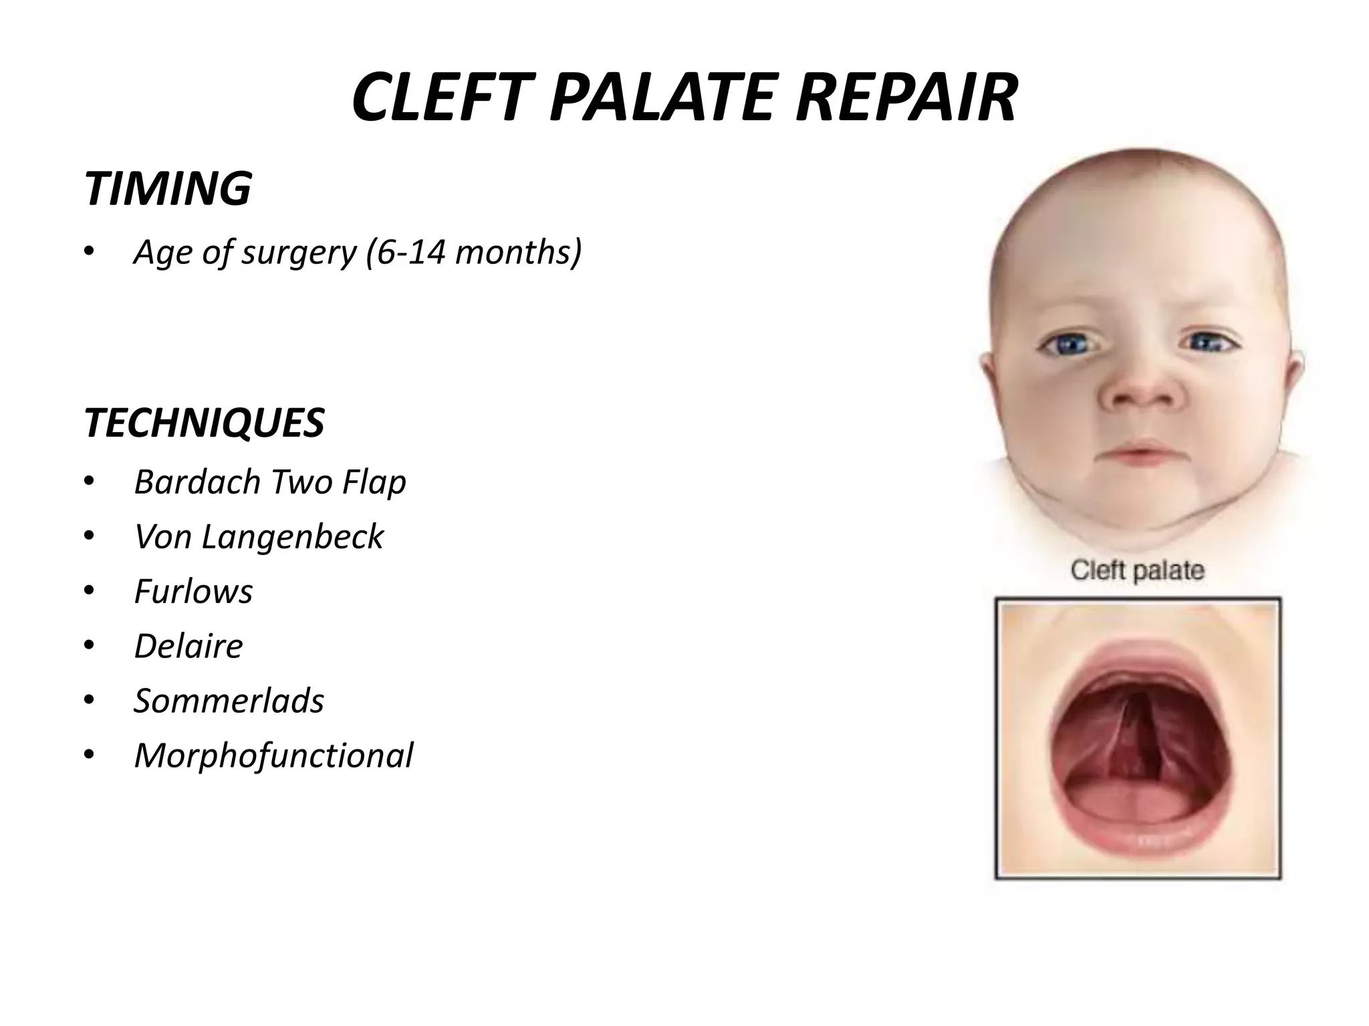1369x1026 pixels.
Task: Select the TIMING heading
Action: pos(167,188)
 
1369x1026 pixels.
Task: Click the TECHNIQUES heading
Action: pos(204,423)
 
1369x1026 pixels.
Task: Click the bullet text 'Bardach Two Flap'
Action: pos(270,482)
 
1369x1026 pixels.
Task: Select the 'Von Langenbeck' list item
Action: pos(259,536)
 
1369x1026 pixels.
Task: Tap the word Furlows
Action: pos(193,591)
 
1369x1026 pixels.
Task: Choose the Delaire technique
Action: pos(189,646)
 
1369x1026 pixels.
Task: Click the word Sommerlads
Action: pos(229,701)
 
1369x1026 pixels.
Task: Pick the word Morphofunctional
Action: pos(273,755)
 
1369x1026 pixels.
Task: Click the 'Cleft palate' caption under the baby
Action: pos(1137,570)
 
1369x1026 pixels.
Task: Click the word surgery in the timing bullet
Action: pos(299,252)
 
